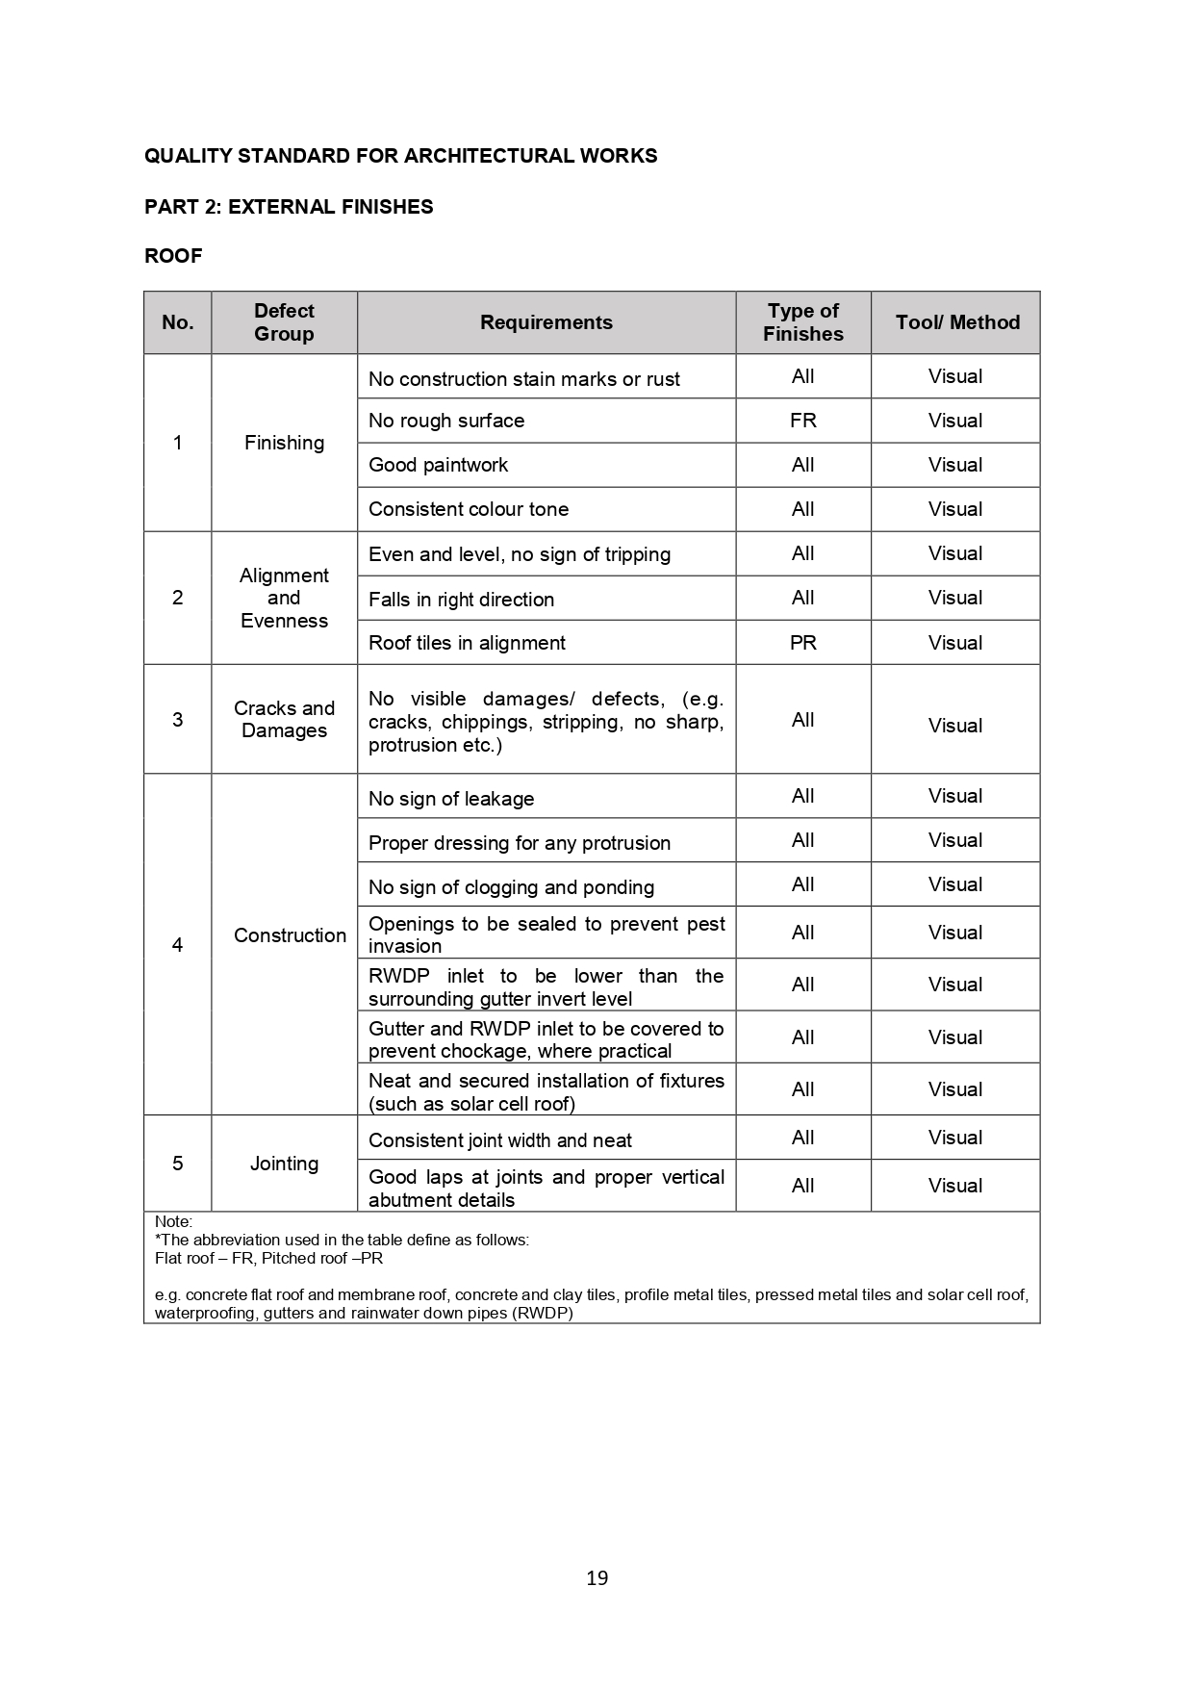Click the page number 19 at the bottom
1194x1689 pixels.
(x=597, y=1577)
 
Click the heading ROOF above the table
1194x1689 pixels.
(x=173, y=256)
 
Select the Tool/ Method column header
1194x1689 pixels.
(x=956, y=322)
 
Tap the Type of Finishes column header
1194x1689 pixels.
(x=802, y=322)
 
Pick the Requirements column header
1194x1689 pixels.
(x=546, y=322)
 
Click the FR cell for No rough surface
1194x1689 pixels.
(x=802, y=421)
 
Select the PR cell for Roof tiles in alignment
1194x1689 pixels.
(x=802, y=643)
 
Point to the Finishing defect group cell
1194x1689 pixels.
(x=284, y=443)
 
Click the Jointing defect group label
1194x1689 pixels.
(x=284, y=1164)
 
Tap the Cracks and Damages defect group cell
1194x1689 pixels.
(x=284, y=719)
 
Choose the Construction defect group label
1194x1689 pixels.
(x=290, y=935)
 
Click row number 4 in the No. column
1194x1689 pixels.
(x=177, y=945)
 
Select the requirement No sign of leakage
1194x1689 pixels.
(x=451, y=799)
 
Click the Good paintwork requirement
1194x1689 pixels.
(x=438, y=465)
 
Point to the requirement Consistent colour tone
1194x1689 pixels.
(x=469, y=509)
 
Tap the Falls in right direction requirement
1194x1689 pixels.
(x=461, y=600)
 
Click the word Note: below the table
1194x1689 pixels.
(x=173, y=1222)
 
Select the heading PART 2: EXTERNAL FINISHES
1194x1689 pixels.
(x=289, y=207)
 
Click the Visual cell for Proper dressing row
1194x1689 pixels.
(x=954, y=840)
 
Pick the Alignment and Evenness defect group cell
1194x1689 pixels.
(x=284, y=598)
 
